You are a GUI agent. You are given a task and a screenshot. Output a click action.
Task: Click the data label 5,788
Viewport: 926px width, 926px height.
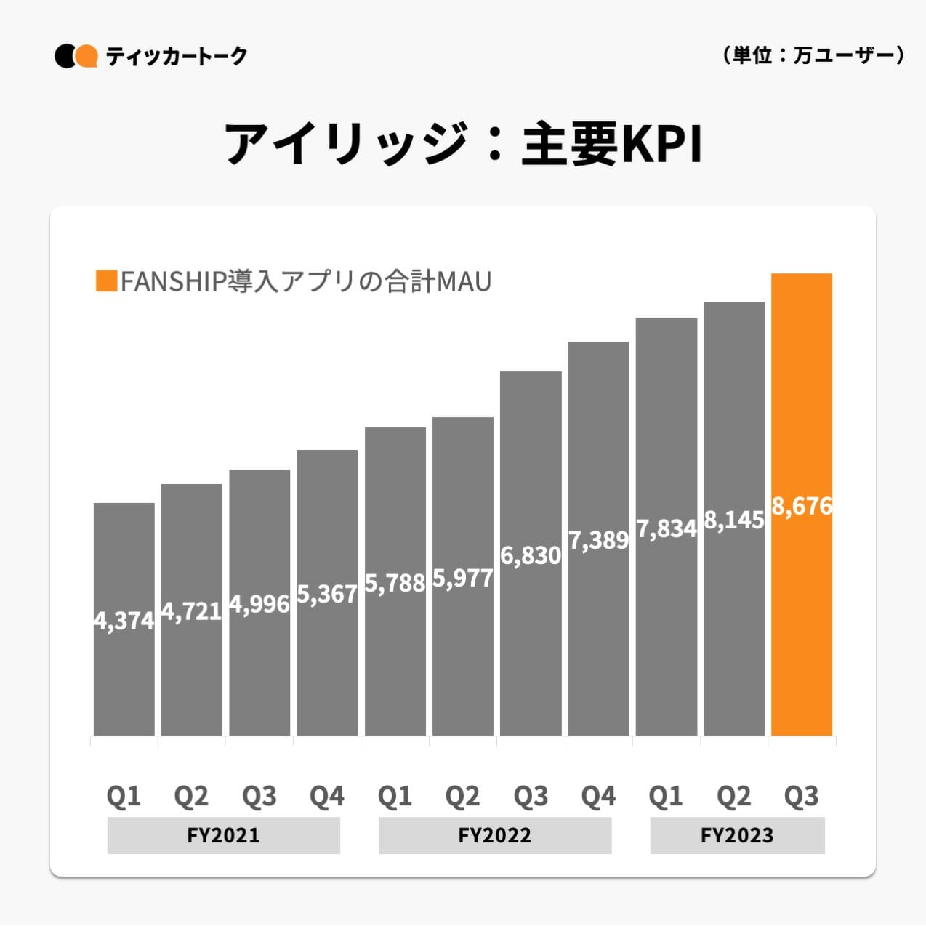pyautogui.click(x=395, y=583)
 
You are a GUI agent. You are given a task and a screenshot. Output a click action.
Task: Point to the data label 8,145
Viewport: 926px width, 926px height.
pyautogui.click(x=734, y=520)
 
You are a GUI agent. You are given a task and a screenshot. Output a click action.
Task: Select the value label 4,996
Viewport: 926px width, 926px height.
pyautogui.click(x=259, y=603)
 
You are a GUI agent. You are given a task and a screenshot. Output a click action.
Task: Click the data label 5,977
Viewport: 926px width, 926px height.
pyautogui.click(x=463, y=578)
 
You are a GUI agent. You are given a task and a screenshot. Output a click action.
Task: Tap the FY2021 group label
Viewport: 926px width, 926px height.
pyautogui.click(x=223, y=835)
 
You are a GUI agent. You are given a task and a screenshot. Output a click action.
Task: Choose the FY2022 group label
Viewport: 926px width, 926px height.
pyautogui.click(x=494, y=835)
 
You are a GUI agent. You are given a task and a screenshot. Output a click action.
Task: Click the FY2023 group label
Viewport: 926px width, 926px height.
pyautogui.click(x=737, y=835)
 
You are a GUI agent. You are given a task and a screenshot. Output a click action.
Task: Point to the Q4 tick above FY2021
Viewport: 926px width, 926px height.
pyautogui.click(x=327, y=797)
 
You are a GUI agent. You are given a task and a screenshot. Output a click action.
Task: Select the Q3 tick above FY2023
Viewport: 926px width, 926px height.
pyautogui.click(x=802, y=797)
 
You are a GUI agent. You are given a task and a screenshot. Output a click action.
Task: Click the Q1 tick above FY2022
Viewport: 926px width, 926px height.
pyautogui.click(x=395, y=797)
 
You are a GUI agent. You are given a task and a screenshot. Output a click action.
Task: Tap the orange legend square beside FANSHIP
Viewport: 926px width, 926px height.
pyautogui.click(x=106, y=281)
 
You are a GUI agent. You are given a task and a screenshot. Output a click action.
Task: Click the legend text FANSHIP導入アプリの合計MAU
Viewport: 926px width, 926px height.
pyautogui.click(x=306, y=281)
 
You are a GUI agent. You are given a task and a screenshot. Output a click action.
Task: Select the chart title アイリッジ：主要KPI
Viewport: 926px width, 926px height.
pyautogui.click(x=463, y=144)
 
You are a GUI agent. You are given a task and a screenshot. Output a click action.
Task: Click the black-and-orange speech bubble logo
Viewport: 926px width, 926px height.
pyautogui.click(x=76, y=56)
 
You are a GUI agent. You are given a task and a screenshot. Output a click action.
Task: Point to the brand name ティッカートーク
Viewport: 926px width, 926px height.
pyautogui.click(x=177, y=56)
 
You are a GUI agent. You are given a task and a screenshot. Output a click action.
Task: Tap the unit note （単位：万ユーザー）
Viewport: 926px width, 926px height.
pyautogui.click(x=813, y=55)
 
